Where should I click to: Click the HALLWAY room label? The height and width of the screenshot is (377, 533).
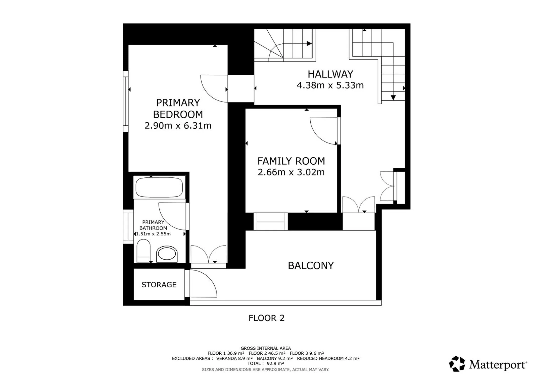330,74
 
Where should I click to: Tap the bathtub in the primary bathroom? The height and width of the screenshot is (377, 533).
159,187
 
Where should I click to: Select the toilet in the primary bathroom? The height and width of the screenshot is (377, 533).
143,251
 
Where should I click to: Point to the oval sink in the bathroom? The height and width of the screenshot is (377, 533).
167,254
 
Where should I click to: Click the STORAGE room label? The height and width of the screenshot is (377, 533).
159,285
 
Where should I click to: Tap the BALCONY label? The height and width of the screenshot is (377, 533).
311,266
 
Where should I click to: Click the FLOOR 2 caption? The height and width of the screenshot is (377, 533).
266,318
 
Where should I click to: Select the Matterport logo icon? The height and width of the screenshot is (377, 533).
457,364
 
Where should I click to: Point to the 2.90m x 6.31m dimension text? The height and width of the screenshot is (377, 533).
178,126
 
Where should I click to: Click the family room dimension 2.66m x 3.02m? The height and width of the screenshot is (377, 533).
291,172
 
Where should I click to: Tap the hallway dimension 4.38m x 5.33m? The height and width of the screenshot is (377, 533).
330,85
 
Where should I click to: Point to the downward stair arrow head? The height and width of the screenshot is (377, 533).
393,98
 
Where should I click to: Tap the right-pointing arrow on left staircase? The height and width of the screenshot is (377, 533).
309,43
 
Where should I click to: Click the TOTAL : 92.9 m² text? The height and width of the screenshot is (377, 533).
266,363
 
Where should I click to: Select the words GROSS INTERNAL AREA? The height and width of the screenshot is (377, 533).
266,348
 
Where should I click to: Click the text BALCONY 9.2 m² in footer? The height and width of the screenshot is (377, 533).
275,358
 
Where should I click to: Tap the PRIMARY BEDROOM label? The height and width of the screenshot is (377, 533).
178,109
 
